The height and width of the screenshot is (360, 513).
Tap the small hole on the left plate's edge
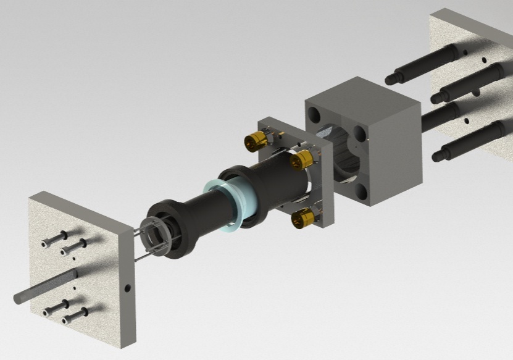pyautogui.click(x=127, y=288)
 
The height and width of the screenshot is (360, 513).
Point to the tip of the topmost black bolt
pyautogui.click(x=390, y=79)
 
